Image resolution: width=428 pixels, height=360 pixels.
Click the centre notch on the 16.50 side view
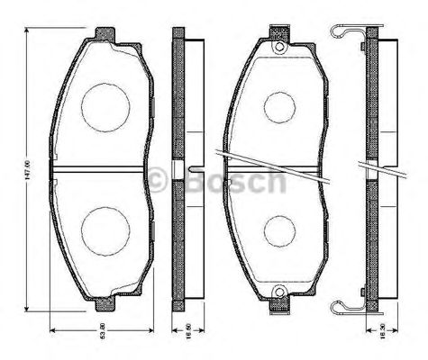click(187, 171)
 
